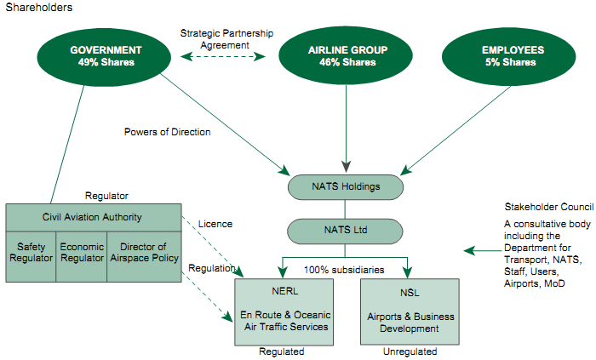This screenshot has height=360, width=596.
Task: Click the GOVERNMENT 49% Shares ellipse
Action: pos(106,55)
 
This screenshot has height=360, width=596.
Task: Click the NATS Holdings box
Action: pos(346,186)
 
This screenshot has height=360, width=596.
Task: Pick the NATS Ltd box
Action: pos(346,230)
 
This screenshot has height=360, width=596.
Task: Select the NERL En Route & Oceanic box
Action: pos(284,311)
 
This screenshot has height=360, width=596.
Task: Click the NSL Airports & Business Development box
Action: pos(410,311)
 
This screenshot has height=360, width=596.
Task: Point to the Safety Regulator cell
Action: pos(32,255)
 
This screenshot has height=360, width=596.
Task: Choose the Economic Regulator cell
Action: pos(82,255)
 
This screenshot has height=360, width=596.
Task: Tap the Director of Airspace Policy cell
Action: pos(144,255)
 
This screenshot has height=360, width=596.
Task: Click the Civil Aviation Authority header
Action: pos(93,216)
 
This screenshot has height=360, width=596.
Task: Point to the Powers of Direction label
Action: pos(167,132)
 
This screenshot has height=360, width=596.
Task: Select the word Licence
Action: pos(215,224)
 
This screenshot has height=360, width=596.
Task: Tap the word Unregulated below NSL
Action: pos(409,351)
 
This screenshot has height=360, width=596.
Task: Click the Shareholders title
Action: pos(39,8)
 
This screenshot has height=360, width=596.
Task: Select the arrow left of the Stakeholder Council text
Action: pos(481,250)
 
